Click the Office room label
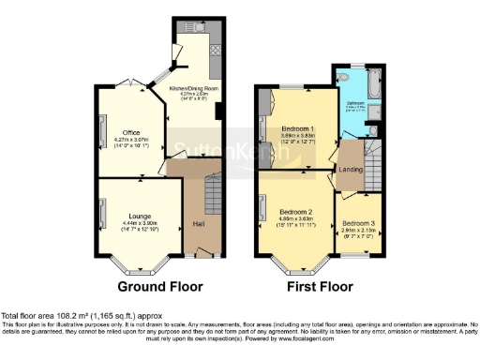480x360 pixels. coord(131,132)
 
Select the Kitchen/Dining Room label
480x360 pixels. coord(190,89)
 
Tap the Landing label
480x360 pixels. coord(350,169)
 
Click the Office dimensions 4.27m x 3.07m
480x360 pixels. coord(131,140)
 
